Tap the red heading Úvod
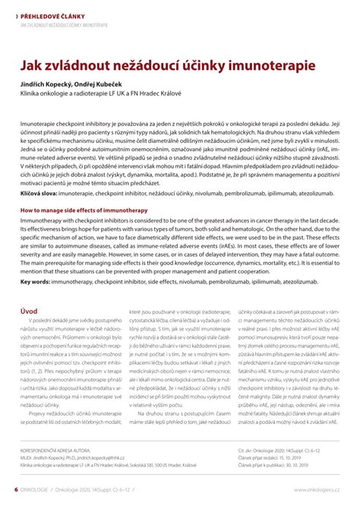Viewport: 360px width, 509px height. pyautogui.click(x=29, y=311)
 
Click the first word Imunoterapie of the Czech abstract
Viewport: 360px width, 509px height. pyautogui.click(x=41, y=122)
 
